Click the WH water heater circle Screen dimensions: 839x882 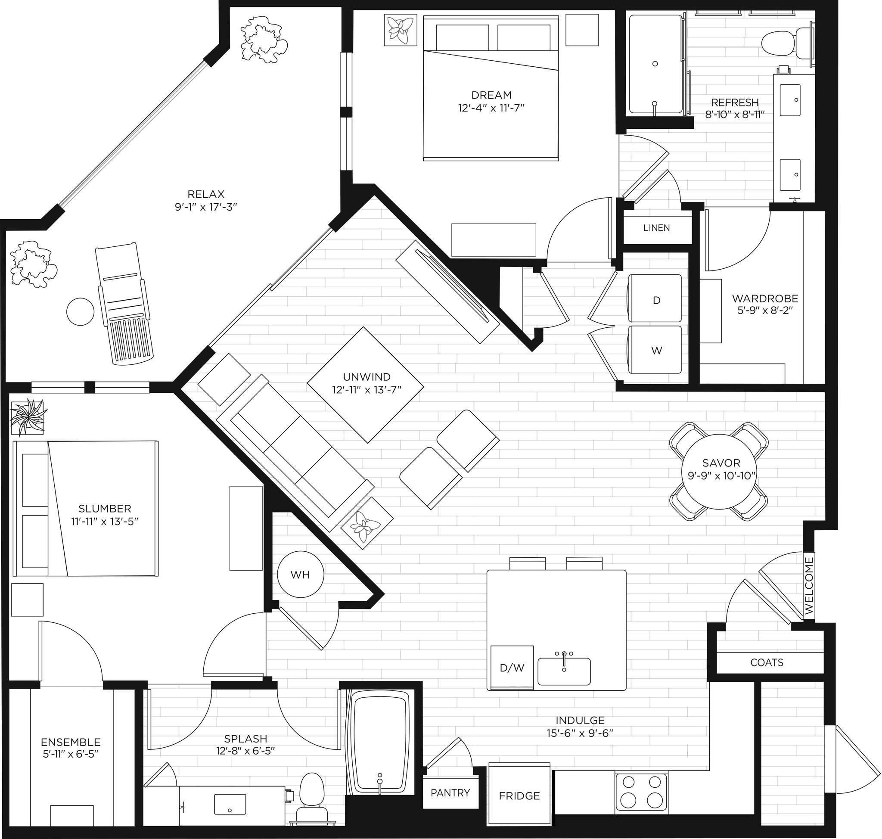[x=300, y=575]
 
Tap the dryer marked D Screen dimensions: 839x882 [x=655, y=299]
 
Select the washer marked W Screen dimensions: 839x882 [x=655, y=349]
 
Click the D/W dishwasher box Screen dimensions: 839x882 [x=512, y=667]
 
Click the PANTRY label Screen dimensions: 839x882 [x=450, y=792]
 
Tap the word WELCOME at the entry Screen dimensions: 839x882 [x=809, y=585]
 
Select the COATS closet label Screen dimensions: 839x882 [x=767, y=662]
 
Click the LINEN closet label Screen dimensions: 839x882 [x=656, y=228]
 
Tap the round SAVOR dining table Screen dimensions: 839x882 [x=719, y=471]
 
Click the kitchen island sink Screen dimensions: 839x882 [x=564, y=671]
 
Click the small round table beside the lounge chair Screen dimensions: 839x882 [x=80, y=312]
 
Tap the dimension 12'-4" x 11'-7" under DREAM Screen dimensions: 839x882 [x=491, y=108]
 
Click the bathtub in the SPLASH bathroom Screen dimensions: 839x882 [x=380, y=742]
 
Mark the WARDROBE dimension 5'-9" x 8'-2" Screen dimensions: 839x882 [x=765, y=310]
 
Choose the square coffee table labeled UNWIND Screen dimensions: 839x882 [x=365, y=385]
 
